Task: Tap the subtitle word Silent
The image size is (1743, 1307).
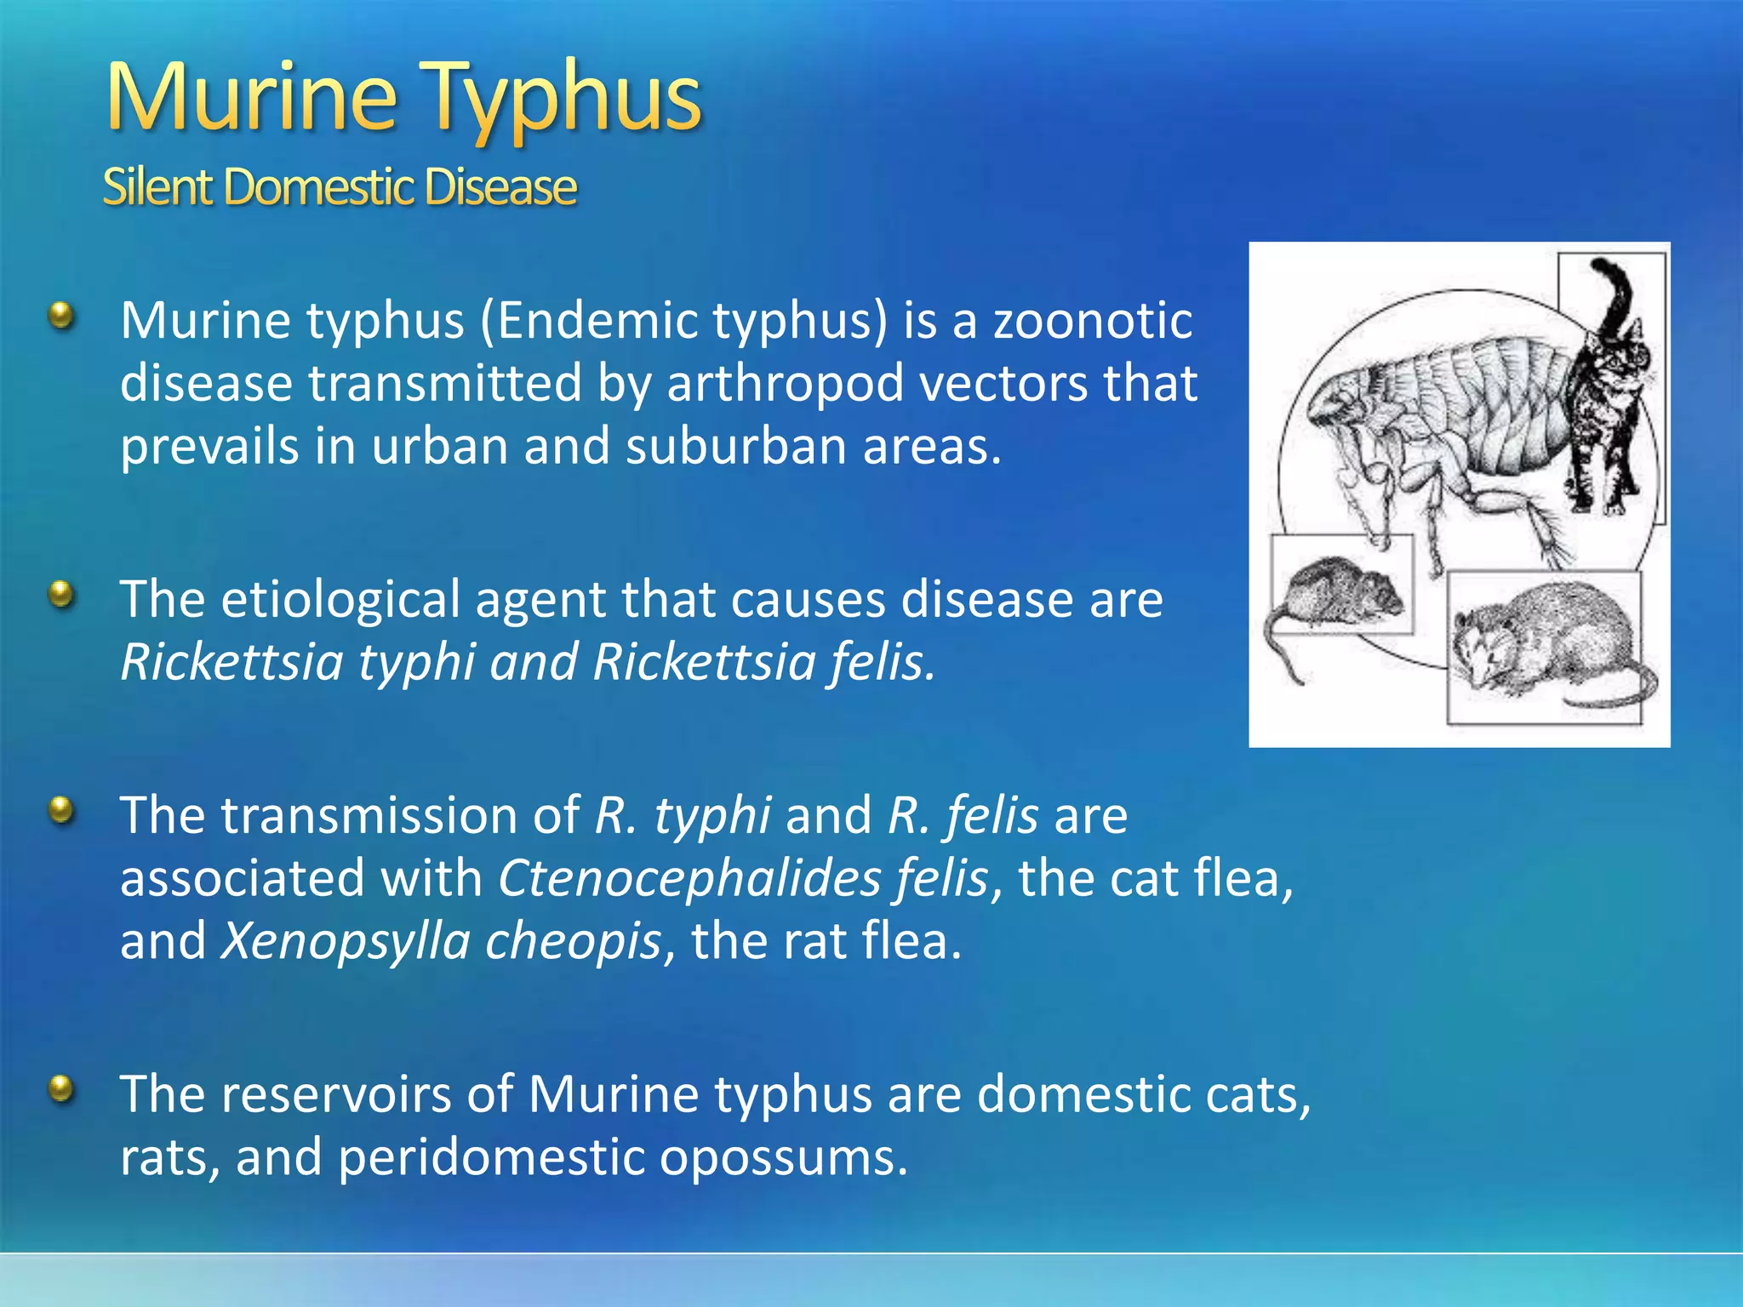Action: (x=157, y=187)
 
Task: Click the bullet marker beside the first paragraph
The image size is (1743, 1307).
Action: (x=61, y=317)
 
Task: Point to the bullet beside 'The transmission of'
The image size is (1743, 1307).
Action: (x=61, y=810)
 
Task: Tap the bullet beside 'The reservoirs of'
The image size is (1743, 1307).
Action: (x=61, y=1088)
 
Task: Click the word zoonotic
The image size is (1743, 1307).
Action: (x=1093, y=321)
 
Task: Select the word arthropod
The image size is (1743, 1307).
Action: (x=784, y=384)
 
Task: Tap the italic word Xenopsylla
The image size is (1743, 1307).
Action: (x=345, y=941)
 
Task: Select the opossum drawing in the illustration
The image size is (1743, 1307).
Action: (x=1545, y=642)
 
